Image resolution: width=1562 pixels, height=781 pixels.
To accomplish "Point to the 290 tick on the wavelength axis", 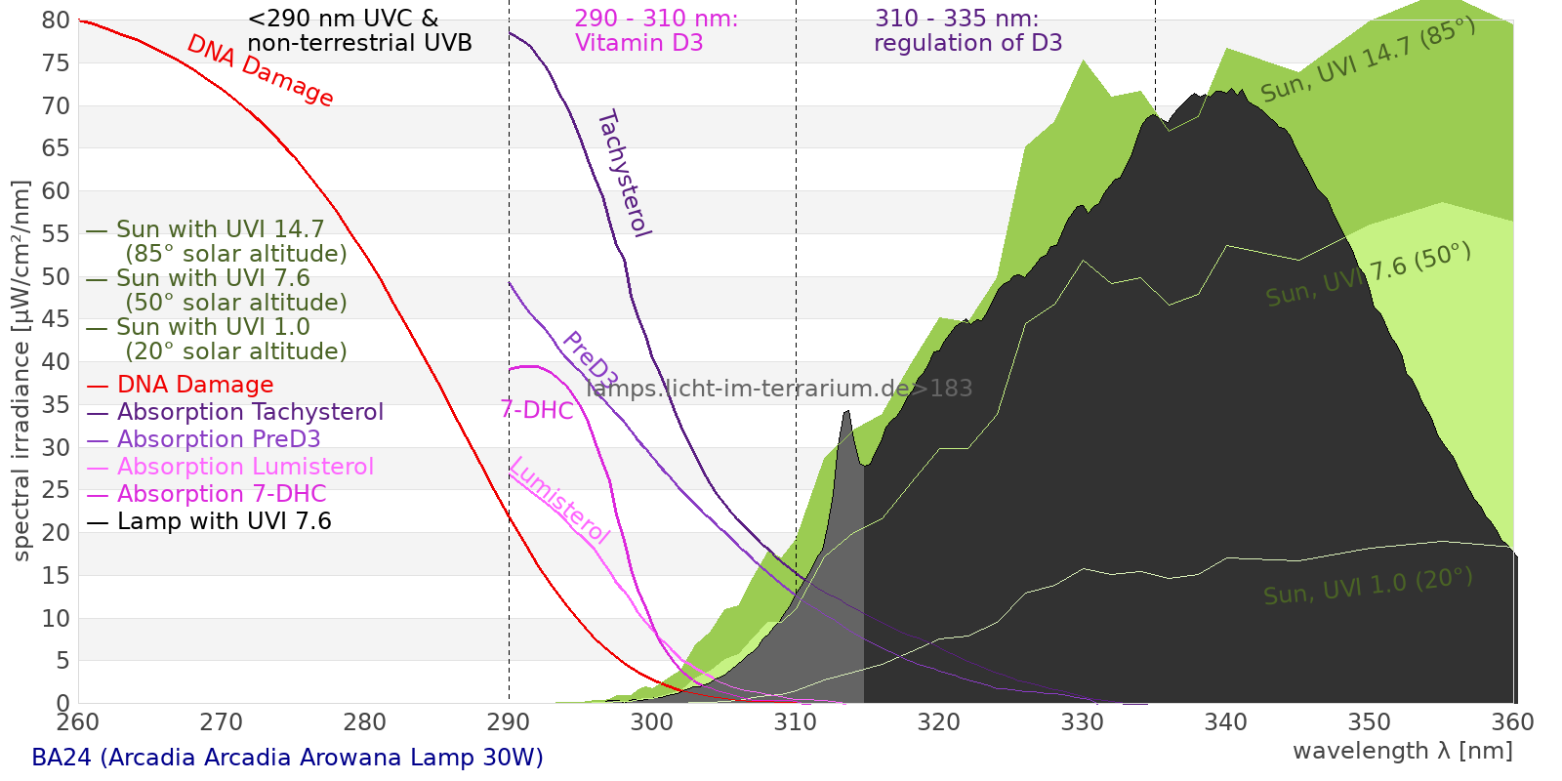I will click(509, 722).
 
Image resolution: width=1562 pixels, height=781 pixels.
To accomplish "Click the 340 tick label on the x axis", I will click(1226, 722).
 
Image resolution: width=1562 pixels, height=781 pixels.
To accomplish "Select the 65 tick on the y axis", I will click(57, 148).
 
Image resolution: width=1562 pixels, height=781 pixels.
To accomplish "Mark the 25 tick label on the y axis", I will click(57, 490).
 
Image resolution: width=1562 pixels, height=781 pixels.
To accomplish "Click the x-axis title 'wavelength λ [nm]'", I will click(1403, 751).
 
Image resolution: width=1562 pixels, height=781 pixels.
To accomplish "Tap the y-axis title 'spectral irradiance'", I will click(21, 371).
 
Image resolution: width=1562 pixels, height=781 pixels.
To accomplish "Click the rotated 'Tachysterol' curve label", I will click(623, 174).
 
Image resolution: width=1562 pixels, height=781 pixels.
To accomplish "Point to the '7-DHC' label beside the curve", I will click(537, 410).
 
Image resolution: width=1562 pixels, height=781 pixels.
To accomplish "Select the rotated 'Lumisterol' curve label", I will click(559, 500).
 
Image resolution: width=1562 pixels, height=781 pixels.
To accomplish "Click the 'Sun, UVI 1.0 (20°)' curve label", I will click(1368, 587).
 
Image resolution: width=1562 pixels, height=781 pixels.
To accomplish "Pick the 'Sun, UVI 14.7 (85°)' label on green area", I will click(1368, 61).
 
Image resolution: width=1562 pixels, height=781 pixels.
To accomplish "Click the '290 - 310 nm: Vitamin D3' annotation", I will click(656, 30).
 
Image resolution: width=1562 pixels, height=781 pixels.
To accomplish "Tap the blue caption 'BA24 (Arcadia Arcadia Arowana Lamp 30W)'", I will click(287, 758).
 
